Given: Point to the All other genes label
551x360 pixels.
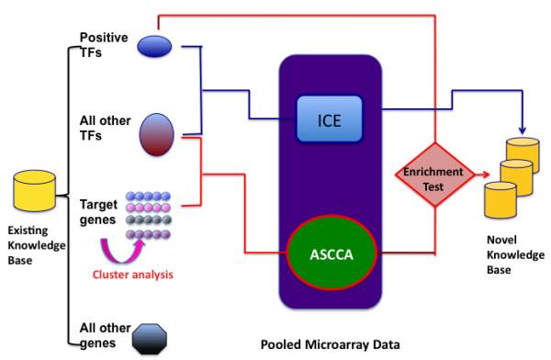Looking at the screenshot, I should (x=96, y=336).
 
